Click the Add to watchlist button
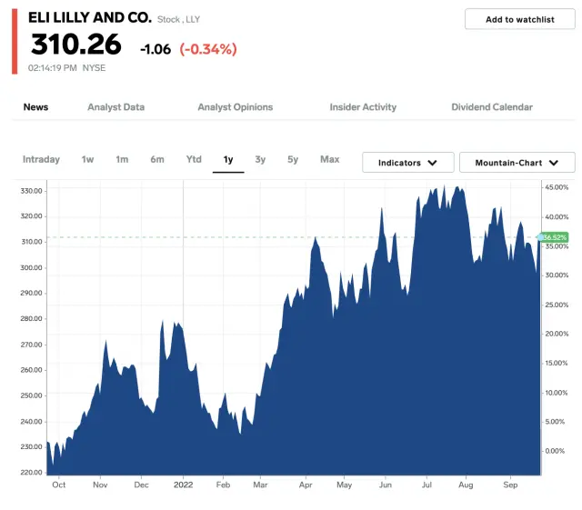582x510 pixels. (519, 19)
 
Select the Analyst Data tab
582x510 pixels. (115, 107)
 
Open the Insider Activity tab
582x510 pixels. (363, 107)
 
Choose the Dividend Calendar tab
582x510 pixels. (492, 107)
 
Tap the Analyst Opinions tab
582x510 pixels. (235, 107)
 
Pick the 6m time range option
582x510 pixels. (157, 160)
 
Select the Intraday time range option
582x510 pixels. (41, 160)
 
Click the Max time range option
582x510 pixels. (329, 160)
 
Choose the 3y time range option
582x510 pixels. (260, 160)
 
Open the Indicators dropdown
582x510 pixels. (408, 163)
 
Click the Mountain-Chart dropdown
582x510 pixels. (517, 163)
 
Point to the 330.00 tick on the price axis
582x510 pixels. (32, 191)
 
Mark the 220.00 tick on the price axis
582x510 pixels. (32, 473)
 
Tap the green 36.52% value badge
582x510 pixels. (555, 237)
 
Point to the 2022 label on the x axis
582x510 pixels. (184, 485)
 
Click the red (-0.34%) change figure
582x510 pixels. (208, 49)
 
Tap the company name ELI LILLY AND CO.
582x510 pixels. (90, 17)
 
